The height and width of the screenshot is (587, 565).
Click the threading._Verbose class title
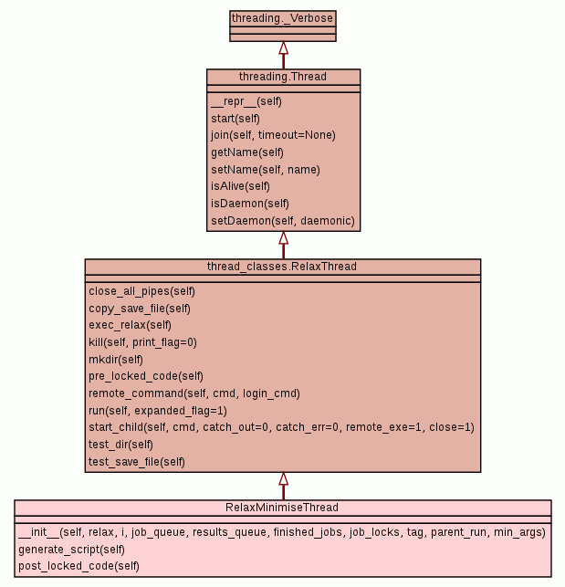(282, 17)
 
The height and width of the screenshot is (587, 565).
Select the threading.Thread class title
(283, 76)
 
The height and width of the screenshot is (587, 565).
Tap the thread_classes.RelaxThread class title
(282, 266)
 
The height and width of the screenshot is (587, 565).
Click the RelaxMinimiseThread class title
(282, 508)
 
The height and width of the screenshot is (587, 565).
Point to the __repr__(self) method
(246, 101)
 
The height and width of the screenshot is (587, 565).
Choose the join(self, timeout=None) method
(273, 135)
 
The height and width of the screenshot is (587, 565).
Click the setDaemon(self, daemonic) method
(282, 221)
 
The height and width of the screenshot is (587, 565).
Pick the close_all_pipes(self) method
(141, 291)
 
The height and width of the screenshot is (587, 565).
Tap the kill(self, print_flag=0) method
(142, 342)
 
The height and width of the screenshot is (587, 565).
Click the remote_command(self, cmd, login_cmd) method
(194, 393)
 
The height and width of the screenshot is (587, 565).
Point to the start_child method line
(281, 427)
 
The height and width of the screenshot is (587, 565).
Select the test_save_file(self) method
(137, 462)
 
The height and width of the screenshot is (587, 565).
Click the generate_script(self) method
(71, 550)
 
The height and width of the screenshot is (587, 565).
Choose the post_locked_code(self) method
(78, 566)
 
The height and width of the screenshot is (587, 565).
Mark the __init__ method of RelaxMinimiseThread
(281, 532)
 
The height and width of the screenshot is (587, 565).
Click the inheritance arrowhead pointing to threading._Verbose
(283, 47)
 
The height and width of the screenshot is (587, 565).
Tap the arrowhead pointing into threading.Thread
(283, 237)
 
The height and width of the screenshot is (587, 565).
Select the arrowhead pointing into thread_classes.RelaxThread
(283, 478)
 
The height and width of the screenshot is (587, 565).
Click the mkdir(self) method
(116, 360)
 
